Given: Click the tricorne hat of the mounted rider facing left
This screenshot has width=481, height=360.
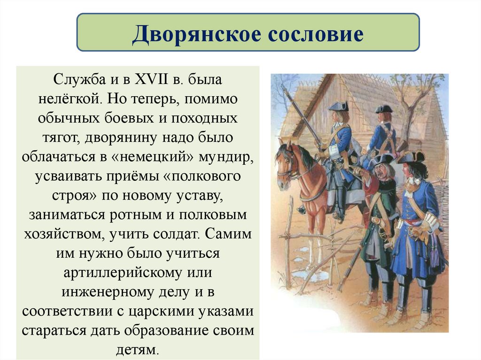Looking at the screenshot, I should pyautogui.click(x=338, y=107).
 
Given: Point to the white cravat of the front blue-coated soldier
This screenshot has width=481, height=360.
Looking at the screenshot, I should pyautogui.click(x=413, y=181).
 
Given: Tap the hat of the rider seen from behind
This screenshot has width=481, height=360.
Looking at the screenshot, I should pyautogui.click(x=383, y=109).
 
